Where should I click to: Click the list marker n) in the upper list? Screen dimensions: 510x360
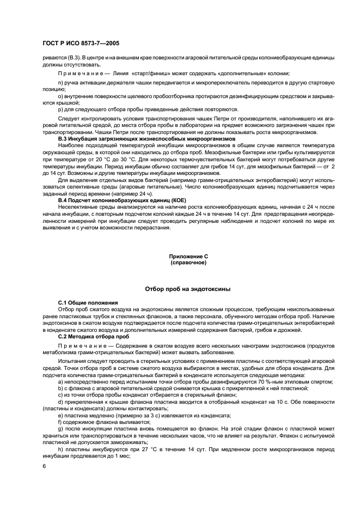click(60, 82)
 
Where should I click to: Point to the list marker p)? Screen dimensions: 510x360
click(60, 108)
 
